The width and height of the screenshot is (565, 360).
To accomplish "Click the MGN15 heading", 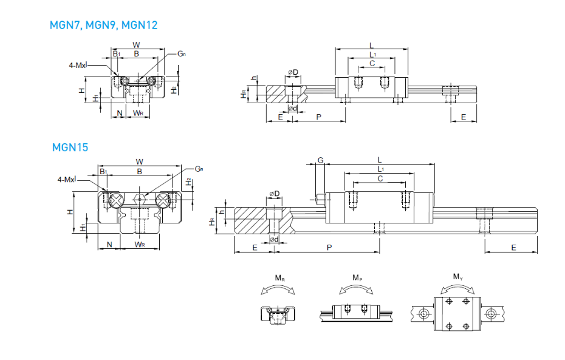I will point(70,147).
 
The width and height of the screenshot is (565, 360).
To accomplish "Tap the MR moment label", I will point(279,278).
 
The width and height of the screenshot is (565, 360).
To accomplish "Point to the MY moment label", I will point(458,278).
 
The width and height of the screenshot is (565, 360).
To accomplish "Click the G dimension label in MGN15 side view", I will point(320,160).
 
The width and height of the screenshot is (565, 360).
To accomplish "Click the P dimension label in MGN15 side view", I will point(329,247).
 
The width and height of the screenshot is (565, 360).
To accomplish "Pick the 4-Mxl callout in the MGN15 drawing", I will point(66,180).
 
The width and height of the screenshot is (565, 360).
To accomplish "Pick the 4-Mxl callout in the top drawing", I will point(78,64).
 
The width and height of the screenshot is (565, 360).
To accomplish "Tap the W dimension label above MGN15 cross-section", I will point(139,161).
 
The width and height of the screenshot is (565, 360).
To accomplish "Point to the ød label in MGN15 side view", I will point(274,239).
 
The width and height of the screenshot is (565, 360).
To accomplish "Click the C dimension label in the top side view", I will point(372,63).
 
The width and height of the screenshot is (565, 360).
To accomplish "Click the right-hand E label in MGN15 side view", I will point(513,247).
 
